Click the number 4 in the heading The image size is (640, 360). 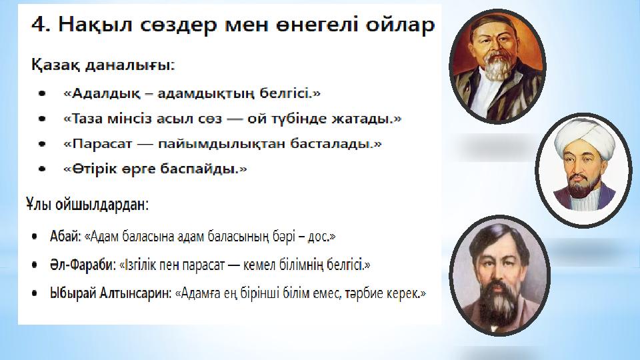[x=39, y=25]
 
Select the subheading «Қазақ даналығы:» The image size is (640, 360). [x=103, y=65]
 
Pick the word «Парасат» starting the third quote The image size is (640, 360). [x=99, y=144]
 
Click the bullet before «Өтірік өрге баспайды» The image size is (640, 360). [x=42, y=169]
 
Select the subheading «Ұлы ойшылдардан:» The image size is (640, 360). [x=87, y=204]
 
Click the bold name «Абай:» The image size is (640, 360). [x=66, y=236]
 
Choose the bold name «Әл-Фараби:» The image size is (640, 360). [x=83, y=265]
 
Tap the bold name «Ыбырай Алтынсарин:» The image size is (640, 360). [x=111, y=293]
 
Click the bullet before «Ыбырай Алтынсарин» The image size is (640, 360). [x=35, y=293]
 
